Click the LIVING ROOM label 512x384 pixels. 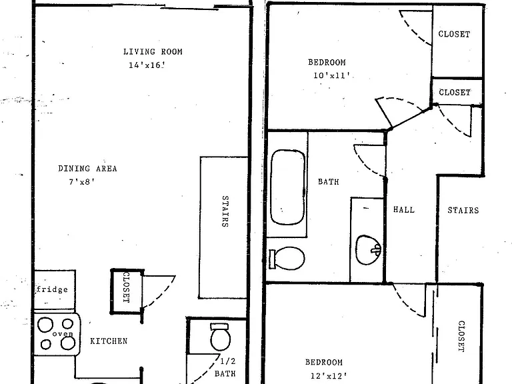click(x=153, y=51)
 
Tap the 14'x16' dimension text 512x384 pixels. click(x=146, y=65)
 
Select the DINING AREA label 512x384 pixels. click(x=87, y=169)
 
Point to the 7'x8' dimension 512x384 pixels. click(x=81, y=181)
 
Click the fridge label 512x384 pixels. click(x=53, y=289)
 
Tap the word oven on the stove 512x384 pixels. click(x=63, y=334)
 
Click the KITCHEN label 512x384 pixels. click(x=109, y=341)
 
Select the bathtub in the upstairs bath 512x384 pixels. click(x=288, y=187)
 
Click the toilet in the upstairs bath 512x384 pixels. click(x=287, y=258)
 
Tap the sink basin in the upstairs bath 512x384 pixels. click(x=368, y=250)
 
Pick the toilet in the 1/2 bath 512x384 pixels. click(x=220, y=337)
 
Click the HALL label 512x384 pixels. click(x=404, y=209)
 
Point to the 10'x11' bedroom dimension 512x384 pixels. click(x=332, y=75)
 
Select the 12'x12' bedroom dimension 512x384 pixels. click(x=329, y=376)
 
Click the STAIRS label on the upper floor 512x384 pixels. click(x=463, y=210)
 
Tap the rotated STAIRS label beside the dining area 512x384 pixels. click(x=225, y=211)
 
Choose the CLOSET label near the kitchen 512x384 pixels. click(x=127, y=287)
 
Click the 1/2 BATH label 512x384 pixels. click(x=225, y=367)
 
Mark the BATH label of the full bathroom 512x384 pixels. click(x=329, y=181)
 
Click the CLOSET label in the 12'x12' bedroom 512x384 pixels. click(x=461, y=336)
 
